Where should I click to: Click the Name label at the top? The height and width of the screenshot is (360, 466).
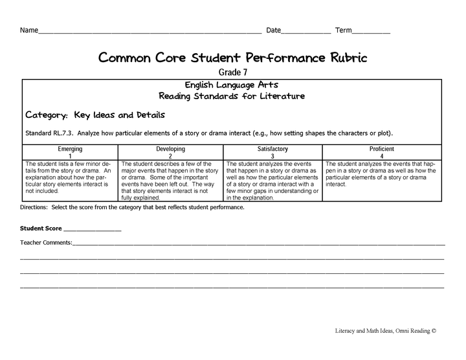point(28,30)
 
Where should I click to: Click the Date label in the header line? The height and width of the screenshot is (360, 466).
point(274,30)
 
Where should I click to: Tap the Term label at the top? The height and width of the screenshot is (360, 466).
point(344,30)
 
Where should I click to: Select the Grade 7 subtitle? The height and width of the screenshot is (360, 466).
point(232,73)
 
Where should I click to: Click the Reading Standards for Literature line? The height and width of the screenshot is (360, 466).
point(232,96)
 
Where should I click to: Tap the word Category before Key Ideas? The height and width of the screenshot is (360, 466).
point(46,115)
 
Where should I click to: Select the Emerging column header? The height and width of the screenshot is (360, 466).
point(70,149)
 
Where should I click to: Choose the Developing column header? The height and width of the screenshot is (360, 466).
point(170,149)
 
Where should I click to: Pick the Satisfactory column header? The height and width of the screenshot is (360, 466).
point(272,149)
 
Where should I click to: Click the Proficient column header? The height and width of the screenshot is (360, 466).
point(382,149)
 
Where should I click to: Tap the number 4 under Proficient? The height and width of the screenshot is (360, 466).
point(382,156)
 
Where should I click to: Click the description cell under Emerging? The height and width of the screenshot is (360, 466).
point(70,177)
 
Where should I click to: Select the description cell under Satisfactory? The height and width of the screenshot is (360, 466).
point(272,181)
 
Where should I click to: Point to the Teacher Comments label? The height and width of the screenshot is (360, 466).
point(46,243)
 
